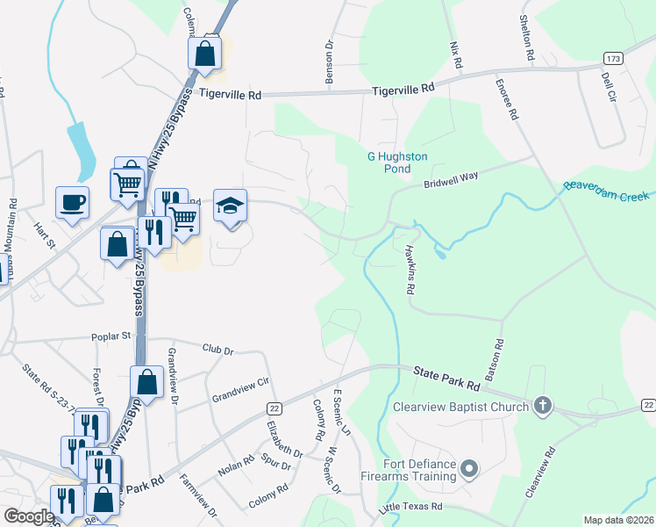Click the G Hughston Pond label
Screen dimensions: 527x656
pos(397,162)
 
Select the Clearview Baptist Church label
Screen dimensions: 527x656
pos(460,406)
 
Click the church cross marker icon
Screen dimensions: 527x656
pos(543,406)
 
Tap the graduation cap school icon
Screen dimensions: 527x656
pos(231,206)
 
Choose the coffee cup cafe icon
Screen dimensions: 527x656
pos(72,202)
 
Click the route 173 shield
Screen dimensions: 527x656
pos(613,58)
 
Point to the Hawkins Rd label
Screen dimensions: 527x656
pos(409,269)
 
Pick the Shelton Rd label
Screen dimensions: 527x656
pos(527,37)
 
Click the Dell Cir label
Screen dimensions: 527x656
pos(605,87)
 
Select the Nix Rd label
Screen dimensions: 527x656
pos(454,54)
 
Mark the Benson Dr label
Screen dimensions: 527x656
pos(331,61)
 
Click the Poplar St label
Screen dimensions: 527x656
pos(112,336)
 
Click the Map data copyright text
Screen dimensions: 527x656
pos(617,520)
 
